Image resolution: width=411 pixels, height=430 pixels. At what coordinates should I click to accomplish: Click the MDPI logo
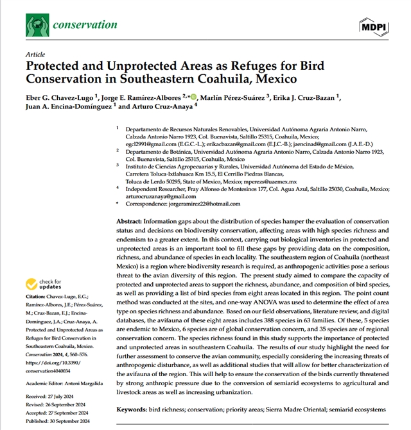[x=371, y=26]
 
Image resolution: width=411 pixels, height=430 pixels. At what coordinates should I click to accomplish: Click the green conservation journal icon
[x=37, y=25]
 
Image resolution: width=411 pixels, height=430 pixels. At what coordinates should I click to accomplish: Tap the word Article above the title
[x=35, y=55]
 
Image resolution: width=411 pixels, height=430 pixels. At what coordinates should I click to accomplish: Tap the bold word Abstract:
[x=133, y=221]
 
